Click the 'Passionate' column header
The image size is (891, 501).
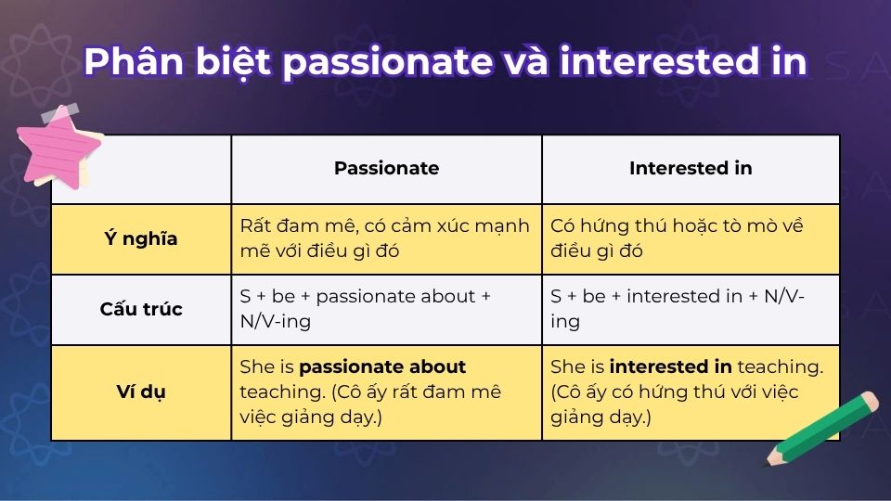click(386, 169)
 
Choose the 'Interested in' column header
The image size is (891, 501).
click(691, 169)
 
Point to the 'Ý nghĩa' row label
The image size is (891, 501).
click(140, 239)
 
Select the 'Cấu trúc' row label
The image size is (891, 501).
click(140, 310)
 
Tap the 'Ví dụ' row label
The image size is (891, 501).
click(140, 392)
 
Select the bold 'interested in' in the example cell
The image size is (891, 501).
click(670, 367)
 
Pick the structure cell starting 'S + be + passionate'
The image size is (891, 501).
click(386, 310)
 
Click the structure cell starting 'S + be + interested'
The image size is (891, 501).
click(691, 310)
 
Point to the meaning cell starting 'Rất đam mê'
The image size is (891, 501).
click(386, 239)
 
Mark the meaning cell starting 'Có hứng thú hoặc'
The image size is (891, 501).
click(691, 239)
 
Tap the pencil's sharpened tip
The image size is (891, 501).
click(771, 460)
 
